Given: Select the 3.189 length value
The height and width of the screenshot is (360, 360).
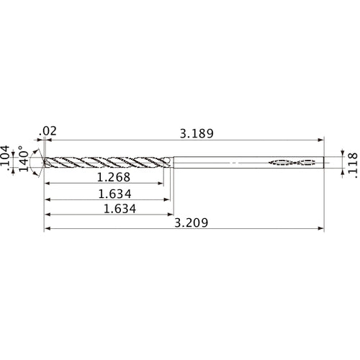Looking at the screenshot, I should tap(197, 132).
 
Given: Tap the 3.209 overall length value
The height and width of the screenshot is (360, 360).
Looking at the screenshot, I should tap(192, 224).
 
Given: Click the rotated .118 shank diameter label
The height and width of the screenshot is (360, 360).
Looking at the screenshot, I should tap(352, 163).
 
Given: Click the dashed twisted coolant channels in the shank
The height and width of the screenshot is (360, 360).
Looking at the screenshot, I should tap(293, 162).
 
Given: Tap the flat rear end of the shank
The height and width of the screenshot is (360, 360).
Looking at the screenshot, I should tap(325, 162).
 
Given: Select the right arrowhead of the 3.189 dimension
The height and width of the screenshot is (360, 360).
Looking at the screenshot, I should tap(322, 140).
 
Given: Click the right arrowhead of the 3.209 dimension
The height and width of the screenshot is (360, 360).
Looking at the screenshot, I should tap(322, 230).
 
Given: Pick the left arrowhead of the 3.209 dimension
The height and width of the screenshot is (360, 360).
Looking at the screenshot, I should tap(48, 230).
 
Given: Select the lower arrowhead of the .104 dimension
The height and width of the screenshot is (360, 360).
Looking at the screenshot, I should tap(19, 171).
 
